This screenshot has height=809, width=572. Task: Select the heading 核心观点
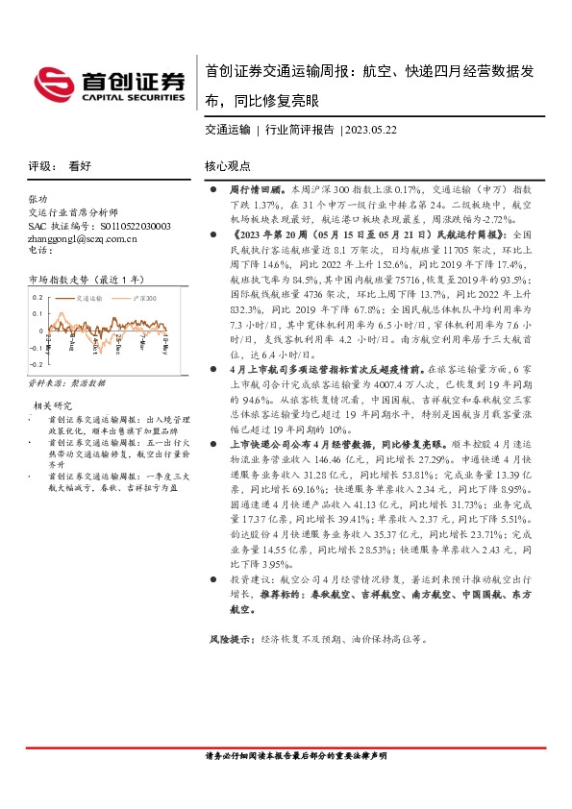point(227,165)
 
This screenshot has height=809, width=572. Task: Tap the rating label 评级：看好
point(60,165)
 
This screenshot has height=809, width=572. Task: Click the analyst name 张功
point(38,199)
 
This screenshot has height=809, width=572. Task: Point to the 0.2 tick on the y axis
point(37,298)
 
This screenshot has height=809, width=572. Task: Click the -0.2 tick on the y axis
point(36,364)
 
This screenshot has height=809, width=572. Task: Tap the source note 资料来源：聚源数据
point(66,382)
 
